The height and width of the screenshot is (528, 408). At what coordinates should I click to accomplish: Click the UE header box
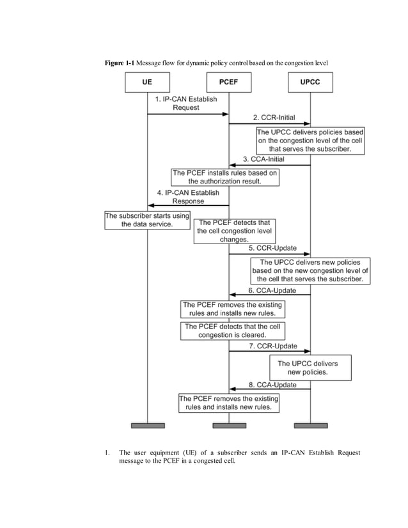pyautogui.click(x=147, y=82)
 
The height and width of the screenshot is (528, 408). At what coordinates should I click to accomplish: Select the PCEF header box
pyautogui.click(x=228, y=82)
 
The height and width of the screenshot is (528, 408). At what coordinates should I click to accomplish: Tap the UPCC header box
pyautogui.click(x=310, y=82)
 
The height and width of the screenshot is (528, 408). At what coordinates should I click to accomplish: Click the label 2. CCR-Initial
pyautogui.click(x=272, y=118)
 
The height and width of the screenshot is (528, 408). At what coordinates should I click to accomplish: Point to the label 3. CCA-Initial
pyautogui.click(x=263, y=159)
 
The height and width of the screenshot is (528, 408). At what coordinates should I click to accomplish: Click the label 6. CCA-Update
pyautogui.click(x=272, y=290)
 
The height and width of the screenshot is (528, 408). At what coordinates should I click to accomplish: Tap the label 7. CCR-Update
pyautogui.click(x=273, y=346)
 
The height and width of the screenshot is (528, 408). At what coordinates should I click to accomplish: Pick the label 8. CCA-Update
pyautogui.click(x=272, y=385)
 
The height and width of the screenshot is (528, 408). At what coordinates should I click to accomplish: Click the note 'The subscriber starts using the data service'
pyautogui.click(x=148, y=221)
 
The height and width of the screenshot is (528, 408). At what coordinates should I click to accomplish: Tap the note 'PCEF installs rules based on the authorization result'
pyautogui.click(x=225, y=177)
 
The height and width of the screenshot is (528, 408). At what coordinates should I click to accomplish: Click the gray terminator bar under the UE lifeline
pyautogui.click(x=148, y=425)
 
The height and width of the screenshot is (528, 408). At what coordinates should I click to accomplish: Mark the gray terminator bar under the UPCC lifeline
pyautogui.click(x=310, y=425)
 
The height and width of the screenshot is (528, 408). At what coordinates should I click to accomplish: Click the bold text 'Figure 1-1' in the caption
pyautogui.click(x=120, y=62)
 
